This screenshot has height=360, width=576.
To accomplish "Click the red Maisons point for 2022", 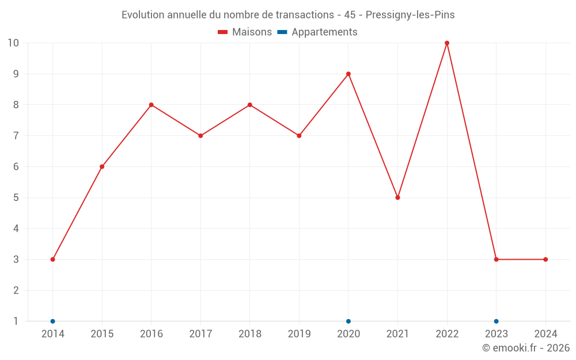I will pos(447,43).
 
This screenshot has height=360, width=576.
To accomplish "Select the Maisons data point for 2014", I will pos(52,259).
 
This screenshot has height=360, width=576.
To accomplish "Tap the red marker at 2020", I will pos(348,74).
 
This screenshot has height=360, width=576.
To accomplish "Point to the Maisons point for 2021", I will pos(397,198).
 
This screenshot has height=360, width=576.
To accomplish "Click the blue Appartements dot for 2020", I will pos(348,321).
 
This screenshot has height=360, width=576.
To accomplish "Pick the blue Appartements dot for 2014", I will pos(52,321).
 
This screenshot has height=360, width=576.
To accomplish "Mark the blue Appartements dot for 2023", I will pos(496,321).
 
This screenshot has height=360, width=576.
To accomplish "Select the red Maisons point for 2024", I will pos(545,259).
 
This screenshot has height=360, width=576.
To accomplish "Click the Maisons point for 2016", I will pos(151,105).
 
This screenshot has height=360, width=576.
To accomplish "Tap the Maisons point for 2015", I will pos(102,166).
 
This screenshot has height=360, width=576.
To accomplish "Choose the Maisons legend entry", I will pos(245,32).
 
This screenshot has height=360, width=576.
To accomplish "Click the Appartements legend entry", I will pos(318,32).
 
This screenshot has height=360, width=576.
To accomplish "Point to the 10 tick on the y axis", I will pos(13,43).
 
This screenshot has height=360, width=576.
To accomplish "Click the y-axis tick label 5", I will pos(16,198).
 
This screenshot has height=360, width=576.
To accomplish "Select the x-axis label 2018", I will pos(249,334).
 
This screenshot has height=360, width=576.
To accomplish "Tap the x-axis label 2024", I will pos(545,334).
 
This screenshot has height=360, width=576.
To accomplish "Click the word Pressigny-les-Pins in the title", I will pos(410,15).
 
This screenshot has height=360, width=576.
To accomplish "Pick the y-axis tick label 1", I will pos(16,321).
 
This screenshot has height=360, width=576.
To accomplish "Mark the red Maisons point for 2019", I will pos(299,136).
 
